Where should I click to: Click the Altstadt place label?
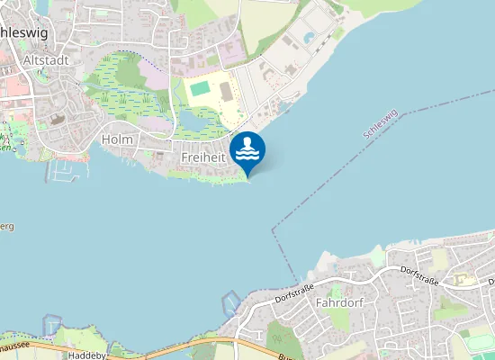(x=40, y=59)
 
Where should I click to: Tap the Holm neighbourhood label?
(x=117, y=139)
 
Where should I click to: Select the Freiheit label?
(x=202, y=157)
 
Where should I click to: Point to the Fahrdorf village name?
(x=339, y=302)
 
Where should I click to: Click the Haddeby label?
(x=87, y=355)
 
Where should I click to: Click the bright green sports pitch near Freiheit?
(x=200, y=88)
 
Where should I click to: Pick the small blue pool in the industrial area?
(x=310, y=38)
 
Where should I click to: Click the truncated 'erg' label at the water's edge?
(x=6, y=227)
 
